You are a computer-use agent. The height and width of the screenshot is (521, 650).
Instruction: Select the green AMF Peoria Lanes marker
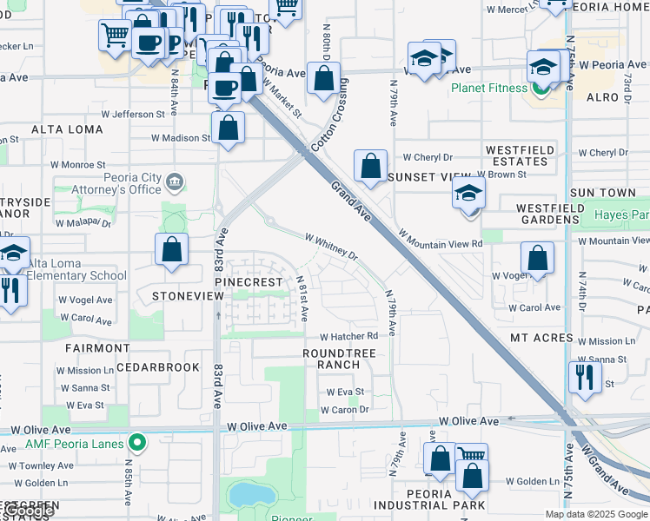point(136,443)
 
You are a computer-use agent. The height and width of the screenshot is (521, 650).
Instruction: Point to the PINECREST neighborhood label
point(249,282)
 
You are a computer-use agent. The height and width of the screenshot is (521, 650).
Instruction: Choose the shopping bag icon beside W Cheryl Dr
point(370,167)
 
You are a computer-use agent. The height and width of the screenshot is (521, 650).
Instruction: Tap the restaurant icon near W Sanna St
point(584,378)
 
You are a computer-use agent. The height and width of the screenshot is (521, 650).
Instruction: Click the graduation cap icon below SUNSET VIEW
point(468,194)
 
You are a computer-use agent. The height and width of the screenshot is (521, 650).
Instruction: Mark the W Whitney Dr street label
point(331,245)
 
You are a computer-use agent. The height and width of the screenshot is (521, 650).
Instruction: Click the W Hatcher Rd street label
point(349,337)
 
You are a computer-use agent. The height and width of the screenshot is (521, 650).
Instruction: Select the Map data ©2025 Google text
point(595,514)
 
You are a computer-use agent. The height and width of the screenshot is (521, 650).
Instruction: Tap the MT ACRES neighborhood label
point(541,338)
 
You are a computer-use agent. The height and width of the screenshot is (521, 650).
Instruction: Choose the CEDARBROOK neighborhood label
point(158,367)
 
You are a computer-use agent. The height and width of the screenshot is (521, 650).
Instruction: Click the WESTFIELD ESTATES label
point(520,155)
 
